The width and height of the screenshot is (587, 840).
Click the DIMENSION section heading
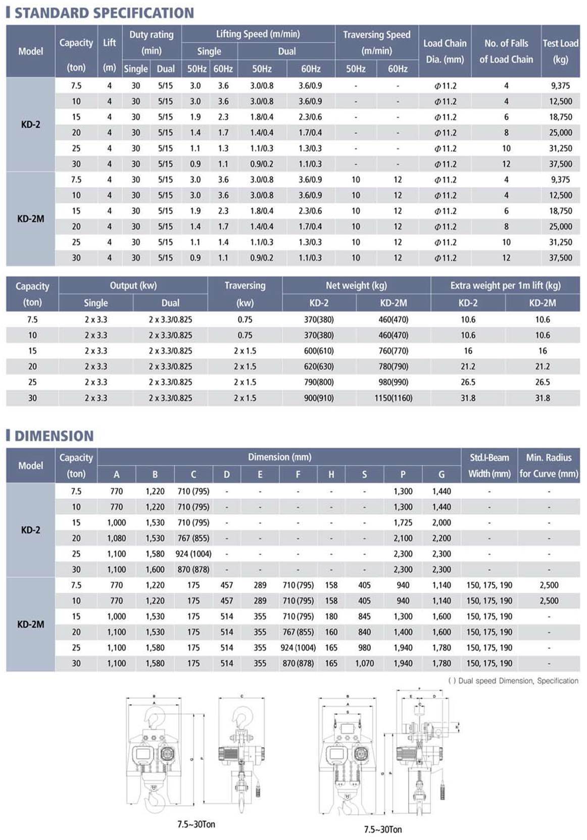[54, 436]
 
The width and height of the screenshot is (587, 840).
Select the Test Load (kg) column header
[560, 51]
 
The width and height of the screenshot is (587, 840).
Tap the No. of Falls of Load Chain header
[506, 51]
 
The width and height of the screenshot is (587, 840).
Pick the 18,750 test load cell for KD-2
[560, 117]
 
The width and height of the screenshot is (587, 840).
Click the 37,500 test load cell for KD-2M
[560, 258]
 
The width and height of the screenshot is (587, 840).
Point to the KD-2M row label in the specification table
[30, 219]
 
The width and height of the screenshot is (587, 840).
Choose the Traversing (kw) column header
[245, 294]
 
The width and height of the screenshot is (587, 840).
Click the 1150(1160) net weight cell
[394, 398]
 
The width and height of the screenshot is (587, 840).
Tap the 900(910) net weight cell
[319, 398]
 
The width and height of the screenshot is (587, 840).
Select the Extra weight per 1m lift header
[505, 286]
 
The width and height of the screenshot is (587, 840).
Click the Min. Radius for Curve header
[549, 465]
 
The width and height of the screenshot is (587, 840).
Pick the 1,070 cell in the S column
[364, 663]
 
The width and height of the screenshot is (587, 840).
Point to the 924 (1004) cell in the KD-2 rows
[193, 554]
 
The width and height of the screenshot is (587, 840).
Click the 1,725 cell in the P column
[403, 523]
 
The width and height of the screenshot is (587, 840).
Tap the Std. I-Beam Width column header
[489, 465]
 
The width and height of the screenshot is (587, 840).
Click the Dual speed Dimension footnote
[513, 681]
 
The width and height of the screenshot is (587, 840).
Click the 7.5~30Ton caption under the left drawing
[196, 824]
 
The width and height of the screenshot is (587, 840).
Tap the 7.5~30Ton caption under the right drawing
[383, 829]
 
